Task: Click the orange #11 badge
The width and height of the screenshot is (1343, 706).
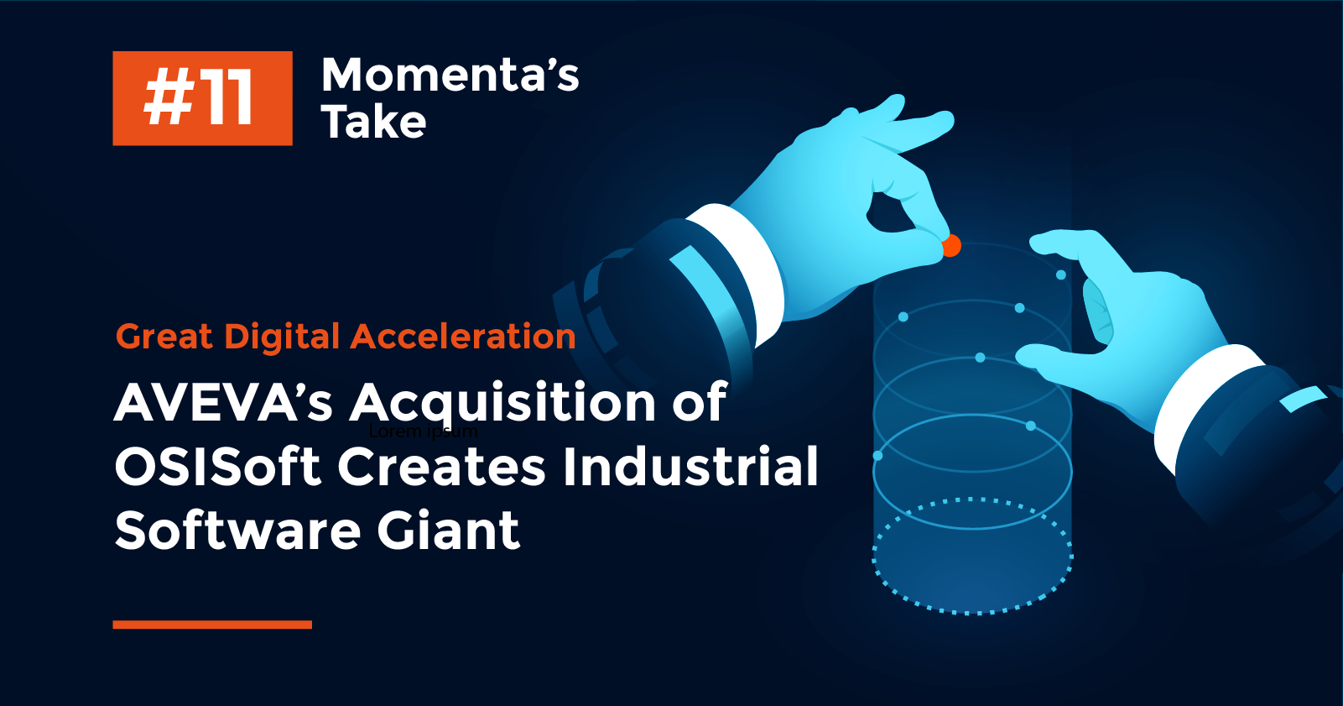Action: pos(202,98)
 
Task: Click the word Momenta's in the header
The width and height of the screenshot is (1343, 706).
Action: pos(450,75)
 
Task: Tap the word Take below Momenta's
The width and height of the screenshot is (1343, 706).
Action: pos(373,123)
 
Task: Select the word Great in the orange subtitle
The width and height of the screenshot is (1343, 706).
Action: pos(164,337)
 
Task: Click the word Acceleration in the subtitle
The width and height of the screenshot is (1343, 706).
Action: pos(463,337)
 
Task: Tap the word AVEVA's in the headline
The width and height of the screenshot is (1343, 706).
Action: pos(223,402)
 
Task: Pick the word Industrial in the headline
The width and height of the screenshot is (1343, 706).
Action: pos(690,467)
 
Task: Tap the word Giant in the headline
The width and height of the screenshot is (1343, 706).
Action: pos(448,531)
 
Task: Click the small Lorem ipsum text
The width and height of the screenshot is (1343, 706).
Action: pos(424,431)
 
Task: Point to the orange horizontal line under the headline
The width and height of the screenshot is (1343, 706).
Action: pos(212,625)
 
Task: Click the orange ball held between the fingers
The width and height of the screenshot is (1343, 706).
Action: pos(951,246)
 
